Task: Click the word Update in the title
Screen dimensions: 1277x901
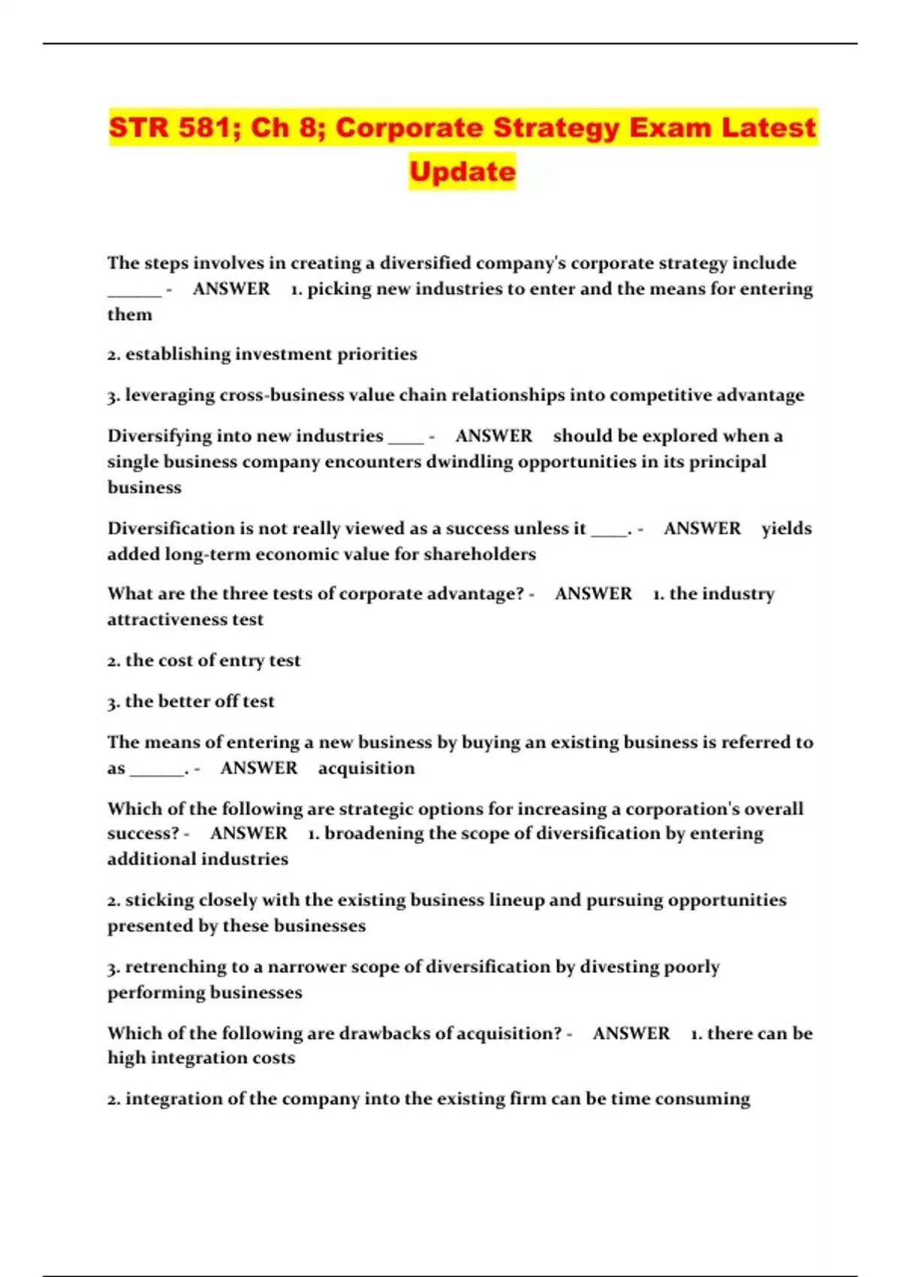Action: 463,171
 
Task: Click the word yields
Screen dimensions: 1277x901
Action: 786,529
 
